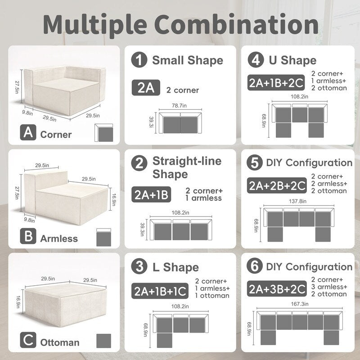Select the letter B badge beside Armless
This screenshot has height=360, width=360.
[29, 237]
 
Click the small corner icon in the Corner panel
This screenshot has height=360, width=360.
[103, 133]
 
